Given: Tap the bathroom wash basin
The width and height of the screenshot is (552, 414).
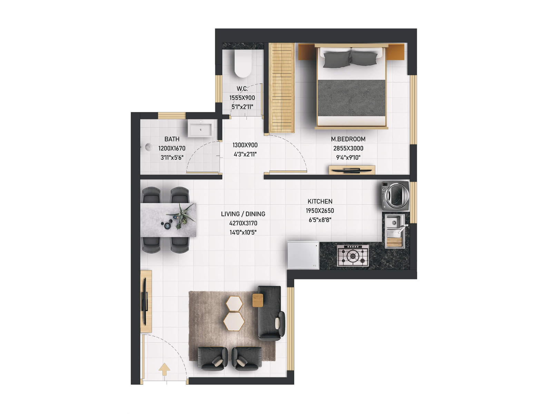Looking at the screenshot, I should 200,129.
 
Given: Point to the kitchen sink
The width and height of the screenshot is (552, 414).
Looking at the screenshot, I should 394,222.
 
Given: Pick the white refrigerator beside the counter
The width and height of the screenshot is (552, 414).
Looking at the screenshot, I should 303,255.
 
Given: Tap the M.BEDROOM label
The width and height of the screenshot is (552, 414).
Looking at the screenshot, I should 348,139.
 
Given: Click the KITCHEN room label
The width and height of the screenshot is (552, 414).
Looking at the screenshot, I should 320,201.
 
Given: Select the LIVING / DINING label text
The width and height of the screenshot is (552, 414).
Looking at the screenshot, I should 243,214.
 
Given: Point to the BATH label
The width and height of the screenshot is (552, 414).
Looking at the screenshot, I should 172,139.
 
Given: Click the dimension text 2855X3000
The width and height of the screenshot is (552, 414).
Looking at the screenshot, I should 348,148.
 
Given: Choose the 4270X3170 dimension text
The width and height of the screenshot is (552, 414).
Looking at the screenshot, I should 243,223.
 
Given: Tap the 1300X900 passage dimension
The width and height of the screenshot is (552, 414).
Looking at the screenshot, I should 245,145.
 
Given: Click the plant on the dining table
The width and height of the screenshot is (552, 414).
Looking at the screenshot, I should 181,216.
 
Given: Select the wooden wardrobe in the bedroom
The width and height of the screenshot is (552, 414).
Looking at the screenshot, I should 282,88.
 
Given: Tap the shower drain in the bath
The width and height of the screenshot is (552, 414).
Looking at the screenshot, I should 149,147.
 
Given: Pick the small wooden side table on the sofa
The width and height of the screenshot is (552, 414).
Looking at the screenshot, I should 258,300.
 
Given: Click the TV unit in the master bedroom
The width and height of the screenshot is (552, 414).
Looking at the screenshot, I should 352,170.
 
